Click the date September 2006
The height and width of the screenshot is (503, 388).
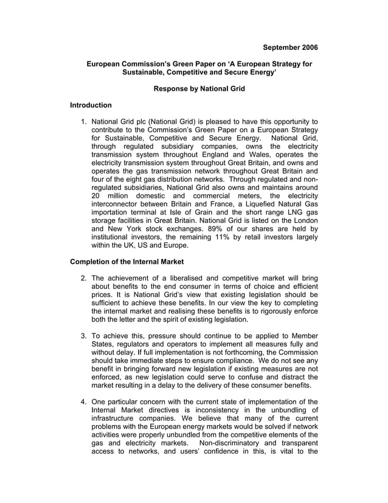point(290,47)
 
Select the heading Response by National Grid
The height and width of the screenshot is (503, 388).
point(199,89)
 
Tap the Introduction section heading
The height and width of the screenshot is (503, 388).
point(91,105)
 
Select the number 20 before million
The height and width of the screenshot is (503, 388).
point(97,197)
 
